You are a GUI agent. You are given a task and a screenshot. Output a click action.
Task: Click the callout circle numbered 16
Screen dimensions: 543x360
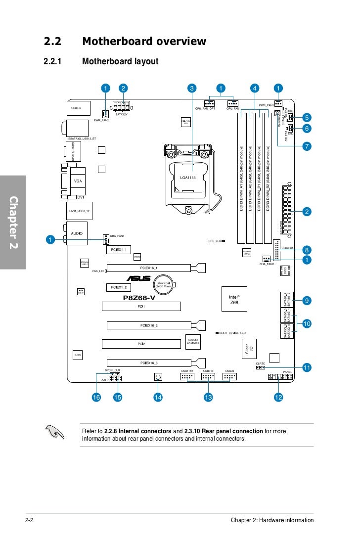(x=96, y=397)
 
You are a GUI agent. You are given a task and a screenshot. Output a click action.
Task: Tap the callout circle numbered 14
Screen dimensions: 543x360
(x=158, y=397)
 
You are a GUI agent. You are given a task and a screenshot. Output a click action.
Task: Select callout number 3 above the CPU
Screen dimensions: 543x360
(x=192, y=89)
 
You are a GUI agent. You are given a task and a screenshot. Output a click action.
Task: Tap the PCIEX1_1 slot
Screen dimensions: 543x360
(x=119, y=250)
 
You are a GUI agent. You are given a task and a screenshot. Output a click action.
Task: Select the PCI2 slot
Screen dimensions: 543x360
(x=141, y=343)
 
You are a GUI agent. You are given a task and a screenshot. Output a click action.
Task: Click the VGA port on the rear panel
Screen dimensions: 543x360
(x=78, y=181)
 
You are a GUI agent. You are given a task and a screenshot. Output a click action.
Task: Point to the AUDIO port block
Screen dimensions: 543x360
(x=77, y=232)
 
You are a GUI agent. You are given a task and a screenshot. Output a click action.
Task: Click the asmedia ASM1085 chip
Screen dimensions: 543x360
(x=193, y=342)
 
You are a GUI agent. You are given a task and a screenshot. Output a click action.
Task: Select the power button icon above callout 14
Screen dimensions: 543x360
(x=158, y=377)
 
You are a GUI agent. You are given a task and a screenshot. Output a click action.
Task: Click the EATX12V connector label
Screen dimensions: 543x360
(x=122, y=114)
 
